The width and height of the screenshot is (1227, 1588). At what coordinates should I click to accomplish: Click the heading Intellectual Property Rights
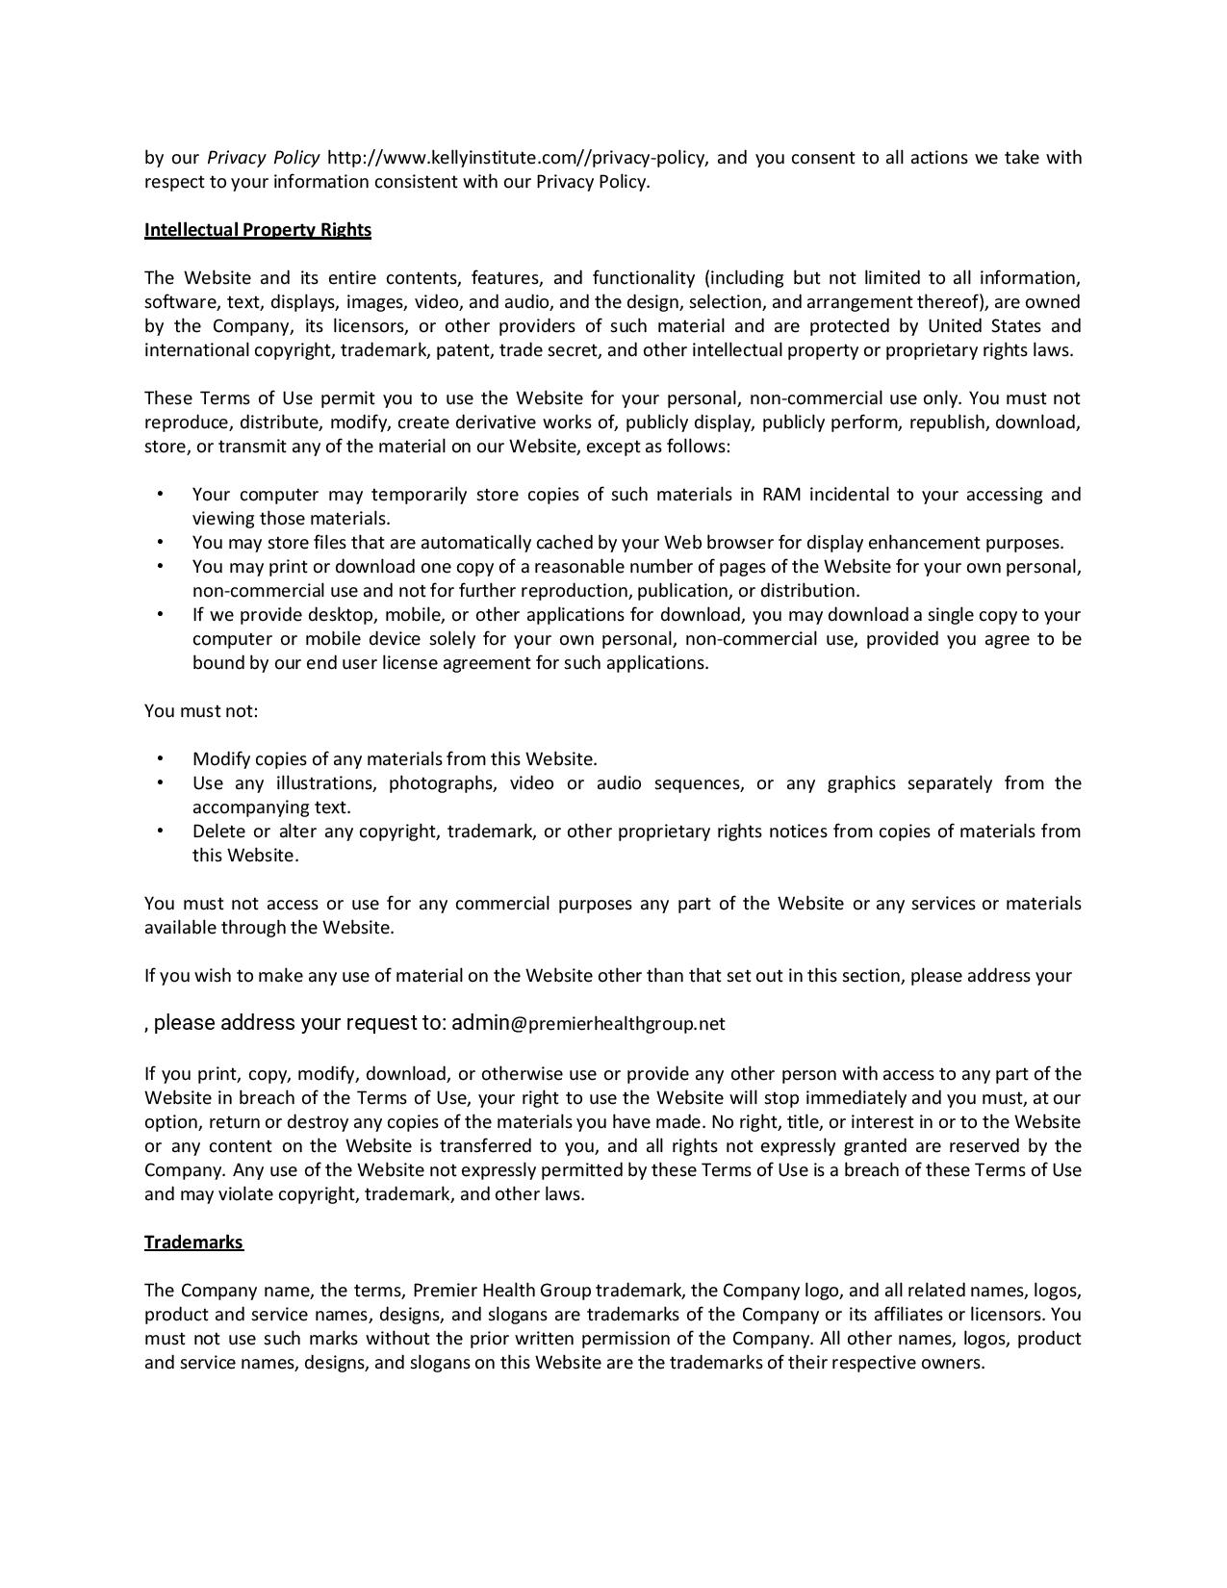(257, 230)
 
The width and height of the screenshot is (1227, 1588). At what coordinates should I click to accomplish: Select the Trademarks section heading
(193, 1242)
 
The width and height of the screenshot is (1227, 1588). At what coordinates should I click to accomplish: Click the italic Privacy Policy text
(263, 158)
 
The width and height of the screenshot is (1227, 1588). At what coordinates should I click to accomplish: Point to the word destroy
(319, 1122)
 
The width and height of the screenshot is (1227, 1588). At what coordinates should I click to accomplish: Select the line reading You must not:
(201, 711)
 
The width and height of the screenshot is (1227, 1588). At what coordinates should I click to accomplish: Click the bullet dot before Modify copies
(160, 758)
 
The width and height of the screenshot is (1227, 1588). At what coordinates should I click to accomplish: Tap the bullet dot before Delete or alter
(160, 831)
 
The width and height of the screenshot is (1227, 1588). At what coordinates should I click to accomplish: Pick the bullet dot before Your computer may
(160, 494)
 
